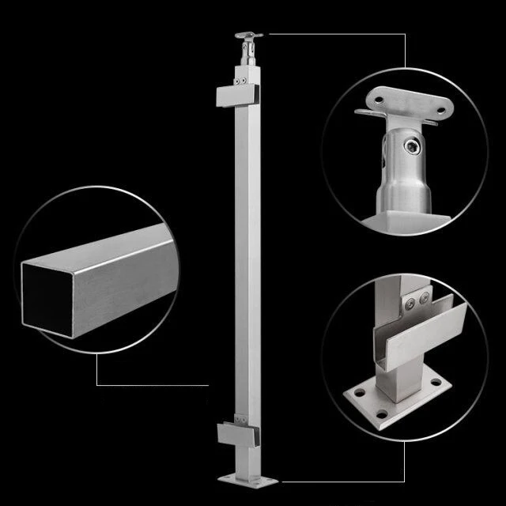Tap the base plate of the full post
tap(247, 478)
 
